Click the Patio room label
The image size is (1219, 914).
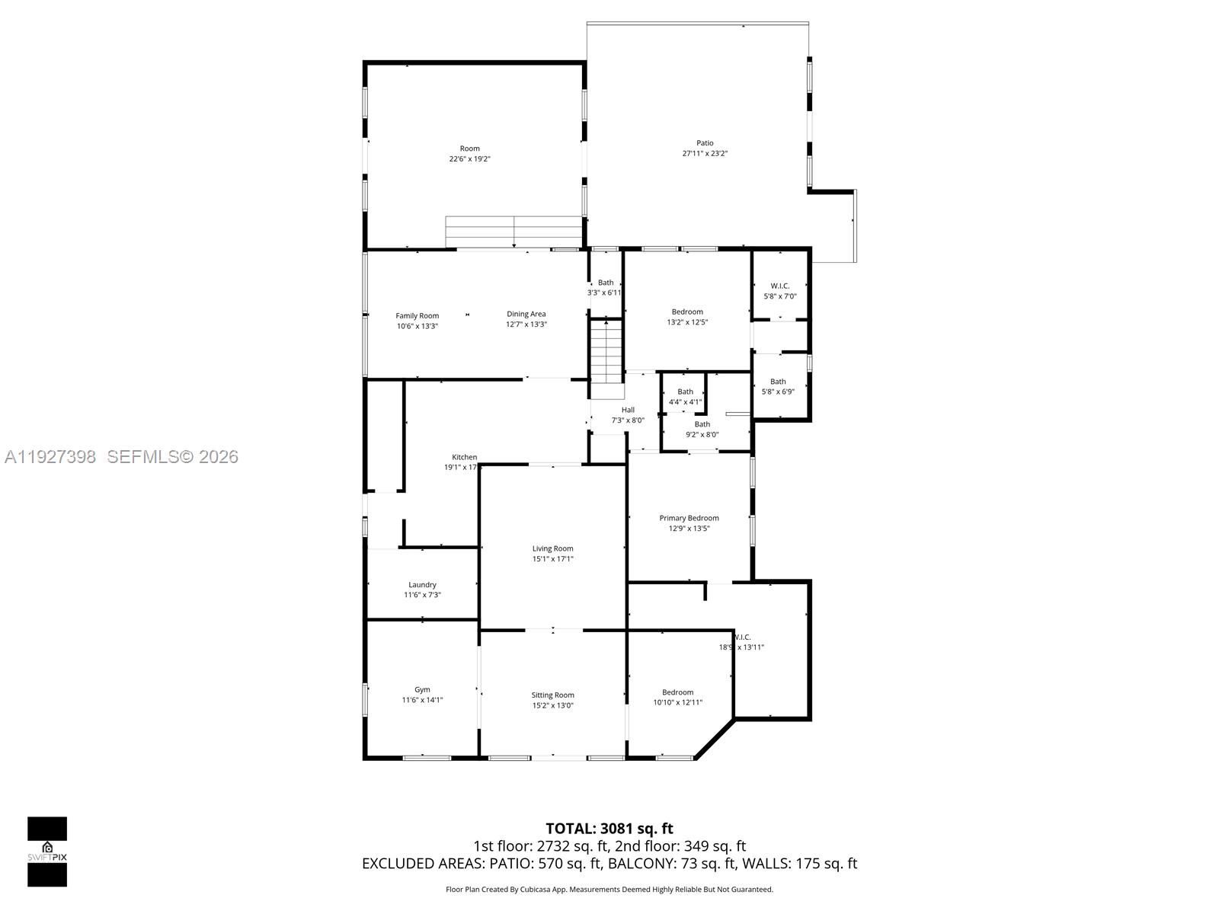tap(705, 143)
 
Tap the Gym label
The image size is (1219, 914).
tap(422, 689)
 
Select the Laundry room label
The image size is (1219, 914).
tap(422, 585)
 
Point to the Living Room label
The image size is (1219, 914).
tap(552, 548)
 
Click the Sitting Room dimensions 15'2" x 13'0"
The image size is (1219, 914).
tap(552, 705)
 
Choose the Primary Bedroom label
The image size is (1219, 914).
tap(689, 518)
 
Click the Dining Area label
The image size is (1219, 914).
tap(526, 314)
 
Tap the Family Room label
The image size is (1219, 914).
tap(418, 315)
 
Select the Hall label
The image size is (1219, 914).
tap(628, 410)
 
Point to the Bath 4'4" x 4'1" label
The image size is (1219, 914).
tap(685, 391)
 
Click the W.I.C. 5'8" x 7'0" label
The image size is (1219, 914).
tap(779, 286)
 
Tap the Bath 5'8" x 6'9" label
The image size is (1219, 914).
tap(778, 382)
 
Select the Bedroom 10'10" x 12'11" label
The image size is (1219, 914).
tap(677, 692)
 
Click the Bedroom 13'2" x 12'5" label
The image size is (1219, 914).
tap(687, 312)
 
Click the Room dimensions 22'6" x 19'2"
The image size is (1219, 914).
tap(470, 159)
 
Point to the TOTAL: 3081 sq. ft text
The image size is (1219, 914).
tap(609, 829)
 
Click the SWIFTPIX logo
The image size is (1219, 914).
tap(47, 851)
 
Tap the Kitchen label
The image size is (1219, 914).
tap(464, 457)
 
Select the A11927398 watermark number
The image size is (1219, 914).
tap(50, 456)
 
